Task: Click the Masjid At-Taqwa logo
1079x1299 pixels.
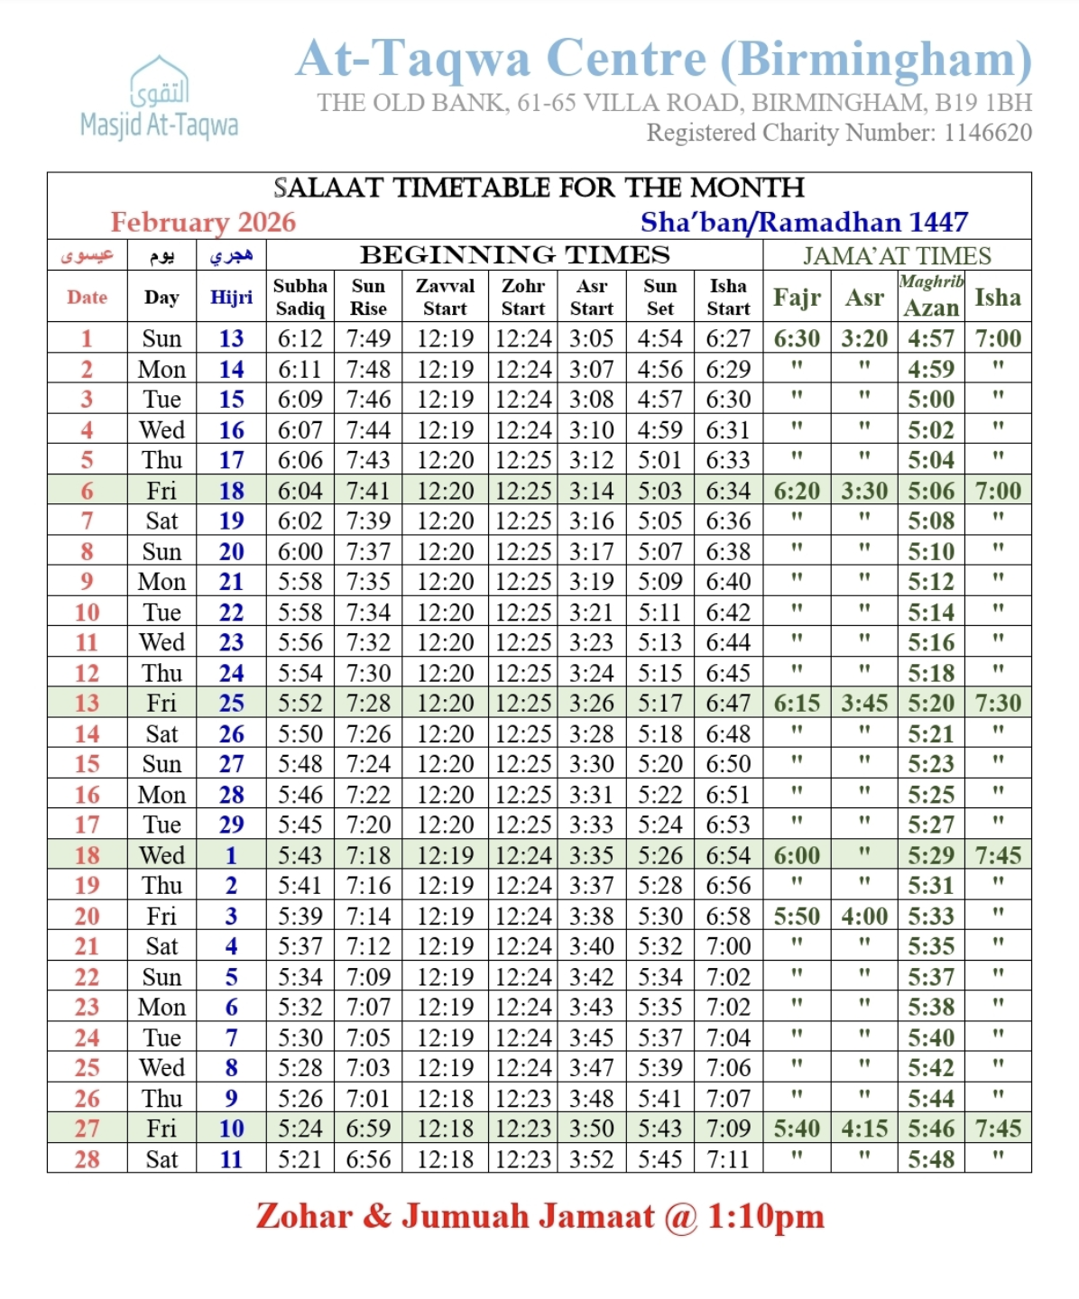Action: tap(160, 97)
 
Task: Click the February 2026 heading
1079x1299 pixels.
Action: tap(203, 222)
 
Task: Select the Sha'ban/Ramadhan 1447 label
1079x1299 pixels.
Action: tap(804, 222)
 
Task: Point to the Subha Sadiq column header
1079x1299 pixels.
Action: tap(300, 297)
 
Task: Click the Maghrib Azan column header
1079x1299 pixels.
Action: tap(931, 296)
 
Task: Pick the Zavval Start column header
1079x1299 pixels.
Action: tap(445, 297)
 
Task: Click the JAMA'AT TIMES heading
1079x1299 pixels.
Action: tap(897, 255)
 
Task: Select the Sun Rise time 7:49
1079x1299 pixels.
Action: tap(368, 339)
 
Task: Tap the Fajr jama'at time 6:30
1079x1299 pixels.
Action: tap(797, 339)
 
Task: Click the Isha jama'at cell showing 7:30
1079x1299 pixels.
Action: tap(998, 704)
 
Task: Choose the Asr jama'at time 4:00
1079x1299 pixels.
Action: tap(864, 917)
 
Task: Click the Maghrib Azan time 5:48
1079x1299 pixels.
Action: tap(931, 1159)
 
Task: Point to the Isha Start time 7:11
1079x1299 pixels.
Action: tap(728, 1159)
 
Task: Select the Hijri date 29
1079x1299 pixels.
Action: tap(231, 825)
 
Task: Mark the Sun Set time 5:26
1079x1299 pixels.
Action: tap(659, 855)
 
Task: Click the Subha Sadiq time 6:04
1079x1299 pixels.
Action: tap(300, 491)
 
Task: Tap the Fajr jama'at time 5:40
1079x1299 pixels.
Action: tap(797, 1129)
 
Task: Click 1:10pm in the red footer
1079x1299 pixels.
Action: tap(765, 1217)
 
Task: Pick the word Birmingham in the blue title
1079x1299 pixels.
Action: tap(875, 60)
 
